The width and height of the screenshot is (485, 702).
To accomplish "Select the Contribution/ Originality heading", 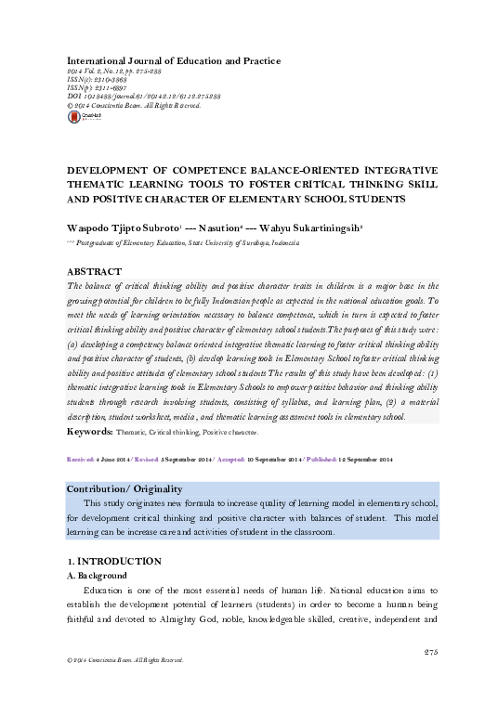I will coord(125,488).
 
